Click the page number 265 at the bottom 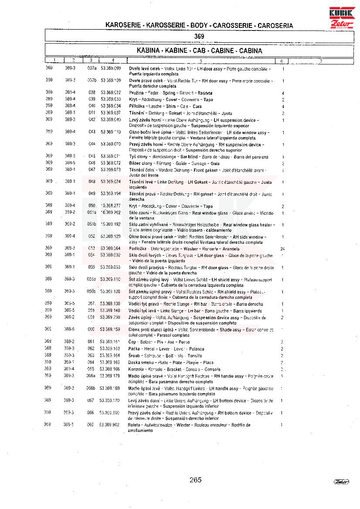pos(196,480)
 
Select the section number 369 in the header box pos(199,36)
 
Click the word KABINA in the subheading pos(148,51)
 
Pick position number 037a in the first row pos(92,69)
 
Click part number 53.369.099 pos(111,69)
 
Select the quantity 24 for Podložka pos(283,249)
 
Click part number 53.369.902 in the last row pos(110,425)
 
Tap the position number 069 pos(91,425)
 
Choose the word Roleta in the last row pos(134,425)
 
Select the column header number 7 pos(320,61)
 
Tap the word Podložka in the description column pos(137,249)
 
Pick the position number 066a pos(91,375)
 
